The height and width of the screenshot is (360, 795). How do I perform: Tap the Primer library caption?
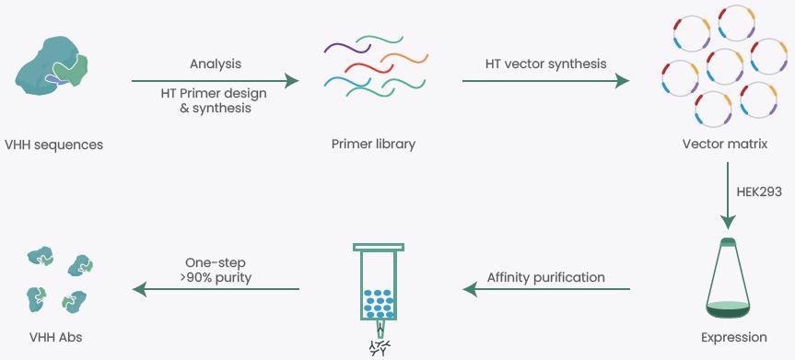[x=373, y=145]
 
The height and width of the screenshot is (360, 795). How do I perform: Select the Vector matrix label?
[x=724, y=145]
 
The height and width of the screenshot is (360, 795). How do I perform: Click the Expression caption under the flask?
[x=733, y=337]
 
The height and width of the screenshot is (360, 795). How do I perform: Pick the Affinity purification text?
[x=546, y=276]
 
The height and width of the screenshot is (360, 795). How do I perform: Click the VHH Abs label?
[x=56, y=337]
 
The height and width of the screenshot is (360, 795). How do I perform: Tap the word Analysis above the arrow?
[x=215, y=64]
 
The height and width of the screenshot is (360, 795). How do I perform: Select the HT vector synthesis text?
[x=546, y=64]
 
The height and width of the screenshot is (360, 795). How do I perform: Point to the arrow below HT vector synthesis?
[x=546, y=81]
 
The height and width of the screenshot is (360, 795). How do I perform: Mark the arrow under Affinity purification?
[x=546, y=290]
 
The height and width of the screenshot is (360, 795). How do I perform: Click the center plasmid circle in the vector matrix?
[x=725, y=66]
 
